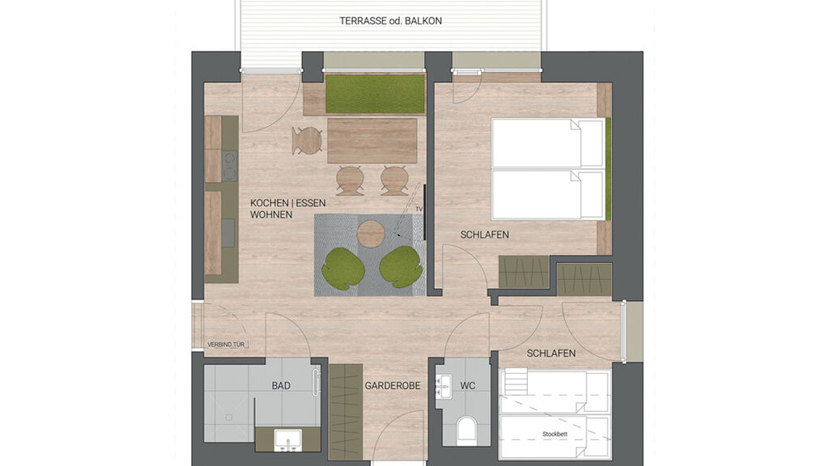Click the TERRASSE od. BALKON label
(391, 21)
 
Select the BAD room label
(281, 386)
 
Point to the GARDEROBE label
(393, 386)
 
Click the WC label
(468, 386)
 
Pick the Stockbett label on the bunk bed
(555, 434)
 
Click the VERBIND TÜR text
(226, 345)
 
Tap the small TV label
(419, 209)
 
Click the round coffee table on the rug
(371, 234)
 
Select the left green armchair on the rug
(343, 268)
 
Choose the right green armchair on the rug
(400, 267)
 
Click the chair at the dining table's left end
(308, 141)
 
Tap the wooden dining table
(372, 141)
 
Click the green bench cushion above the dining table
(375, 95)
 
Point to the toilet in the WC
(467, 430)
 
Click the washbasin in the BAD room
(287, 439)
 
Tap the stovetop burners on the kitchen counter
(229, 166)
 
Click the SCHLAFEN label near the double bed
(484, 235)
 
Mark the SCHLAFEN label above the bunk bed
(551, 354)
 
